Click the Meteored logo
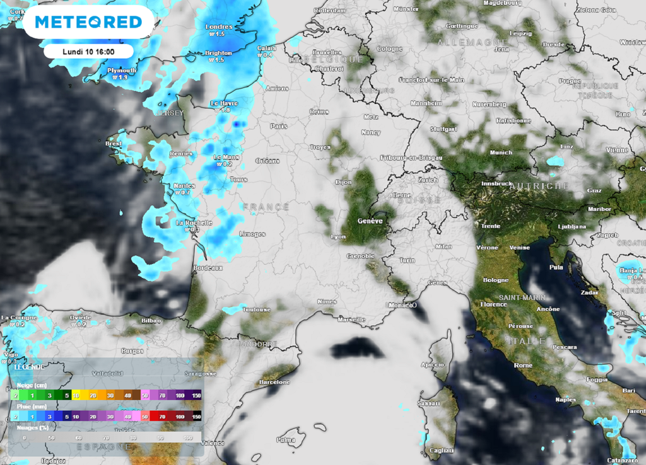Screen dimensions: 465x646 (x=88, y=22)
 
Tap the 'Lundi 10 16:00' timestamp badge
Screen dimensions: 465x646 (x=88, y=50)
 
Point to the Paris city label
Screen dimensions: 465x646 (x=279, y=126)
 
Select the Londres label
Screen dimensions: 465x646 (x=219, y=27)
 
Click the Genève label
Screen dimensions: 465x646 (x=370, y=221)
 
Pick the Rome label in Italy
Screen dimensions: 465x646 (x=523, y=365)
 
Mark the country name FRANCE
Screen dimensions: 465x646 (x=266, y=207)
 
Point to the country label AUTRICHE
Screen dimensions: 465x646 (x=539, y=186)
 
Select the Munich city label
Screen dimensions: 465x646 (x=501, y=152)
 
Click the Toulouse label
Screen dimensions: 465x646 (x=257, y=309)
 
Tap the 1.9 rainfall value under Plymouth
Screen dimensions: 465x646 (x=120, y=77)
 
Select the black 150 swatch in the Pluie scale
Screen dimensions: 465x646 (x=196, y=417)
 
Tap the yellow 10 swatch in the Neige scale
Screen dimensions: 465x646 (x=76, y=395)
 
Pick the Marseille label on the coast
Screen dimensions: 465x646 (x=351, y=319)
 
